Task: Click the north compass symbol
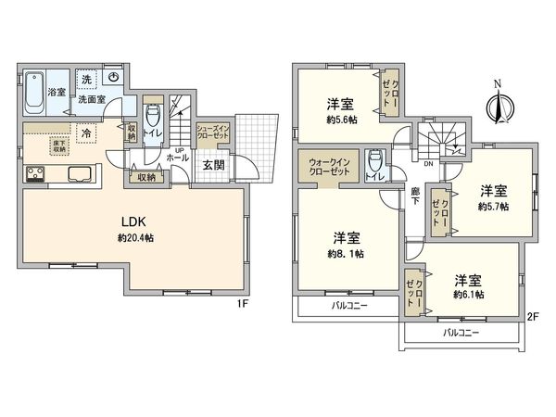click(499, 102)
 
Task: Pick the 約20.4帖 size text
click(134, 238)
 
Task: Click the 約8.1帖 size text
click(346, 253)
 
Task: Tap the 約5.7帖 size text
click(494, 207)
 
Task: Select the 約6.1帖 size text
click(468, 295)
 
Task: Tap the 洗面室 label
click(90, 98)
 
